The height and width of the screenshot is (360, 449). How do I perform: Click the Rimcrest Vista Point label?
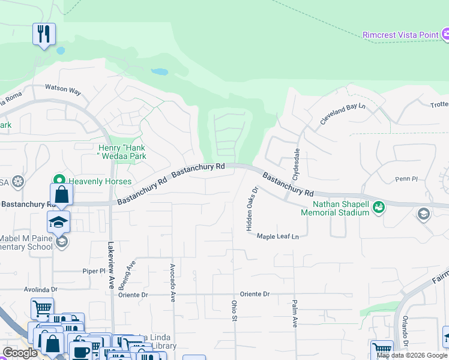coord(400,35)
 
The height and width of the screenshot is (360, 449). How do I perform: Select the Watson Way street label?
coord(63,90)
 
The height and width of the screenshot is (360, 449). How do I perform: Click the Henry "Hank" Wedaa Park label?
coord(122,152)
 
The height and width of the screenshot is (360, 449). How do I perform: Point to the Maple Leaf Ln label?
coord(278,236)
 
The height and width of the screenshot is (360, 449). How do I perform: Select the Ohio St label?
coord(234,310)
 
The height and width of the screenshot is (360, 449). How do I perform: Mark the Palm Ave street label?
coord(295,313)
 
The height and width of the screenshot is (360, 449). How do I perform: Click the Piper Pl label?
coord(94,271)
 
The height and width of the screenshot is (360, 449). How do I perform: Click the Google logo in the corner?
coord(20,353)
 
